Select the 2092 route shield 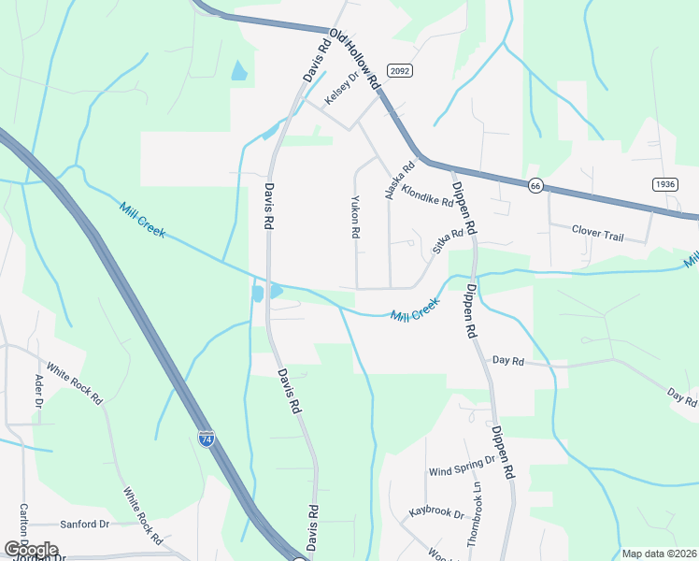[397, 70]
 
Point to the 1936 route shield [664, 184]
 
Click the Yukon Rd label [355, 217]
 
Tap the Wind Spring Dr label [462, 466]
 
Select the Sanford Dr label [85, 525]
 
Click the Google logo [30, 550]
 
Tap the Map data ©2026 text [658, 554]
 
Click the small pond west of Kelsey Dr [239, 70]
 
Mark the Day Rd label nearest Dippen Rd [508, 360]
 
